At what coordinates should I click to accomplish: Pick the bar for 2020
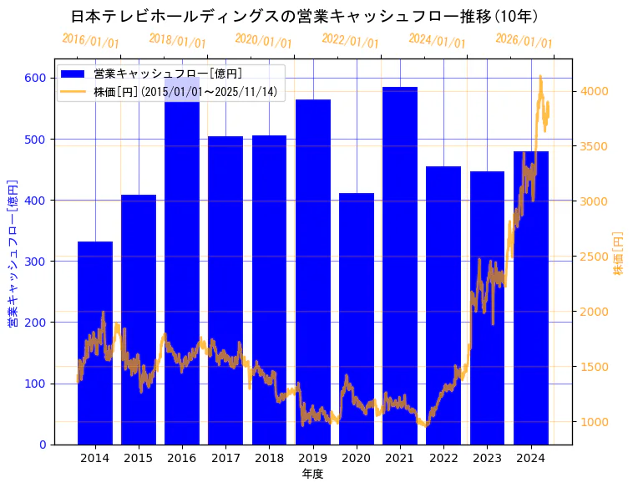coord(357,318)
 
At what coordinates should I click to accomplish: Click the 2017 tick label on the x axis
coord(225,457)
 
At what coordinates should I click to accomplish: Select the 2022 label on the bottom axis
coord(443,457)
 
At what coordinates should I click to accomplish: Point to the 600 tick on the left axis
coord(35,78)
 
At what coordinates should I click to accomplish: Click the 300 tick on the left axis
coord(35,262)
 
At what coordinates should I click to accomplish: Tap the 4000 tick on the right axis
coord(595,91)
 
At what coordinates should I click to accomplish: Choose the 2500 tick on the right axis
coord(595,257)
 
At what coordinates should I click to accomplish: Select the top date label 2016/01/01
coord(91,41)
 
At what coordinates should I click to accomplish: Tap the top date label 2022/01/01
coord(351,41)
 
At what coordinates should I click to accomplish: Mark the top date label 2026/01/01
coord(524,41)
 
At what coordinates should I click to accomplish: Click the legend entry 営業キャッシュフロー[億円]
coord(168,74)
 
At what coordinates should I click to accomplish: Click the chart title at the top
coord(304,16)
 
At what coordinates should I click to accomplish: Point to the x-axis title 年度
coord(312,474)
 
